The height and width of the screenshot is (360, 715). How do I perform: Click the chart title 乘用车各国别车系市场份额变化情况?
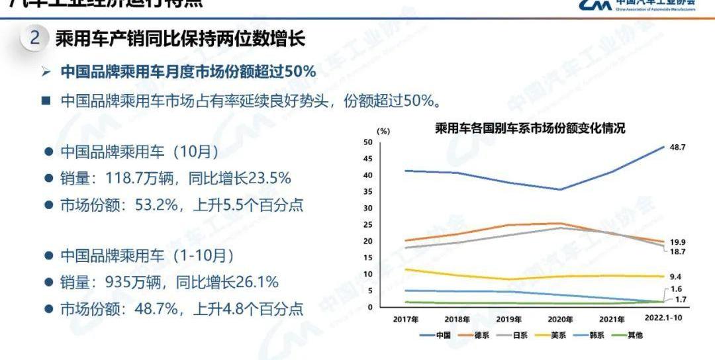coord(530,128)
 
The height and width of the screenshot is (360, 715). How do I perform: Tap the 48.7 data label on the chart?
coord(677,147)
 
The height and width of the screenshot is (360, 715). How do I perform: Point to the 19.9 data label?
coord(677,243)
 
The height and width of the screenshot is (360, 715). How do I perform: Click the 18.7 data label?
coord(677,252)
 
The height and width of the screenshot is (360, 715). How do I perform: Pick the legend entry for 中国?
coord(437,335)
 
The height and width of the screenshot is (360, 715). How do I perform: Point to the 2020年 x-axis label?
coord(559,318)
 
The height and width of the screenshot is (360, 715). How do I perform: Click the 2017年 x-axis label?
coord(405,318)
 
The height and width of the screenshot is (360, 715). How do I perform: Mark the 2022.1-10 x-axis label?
coord(664,318)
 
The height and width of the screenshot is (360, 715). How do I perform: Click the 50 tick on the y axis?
coord(368,142)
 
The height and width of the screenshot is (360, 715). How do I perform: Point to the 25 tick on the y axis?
coord(368,225)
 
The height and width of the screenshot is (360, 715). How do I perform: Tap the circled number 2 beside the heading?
coord(36,38)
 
